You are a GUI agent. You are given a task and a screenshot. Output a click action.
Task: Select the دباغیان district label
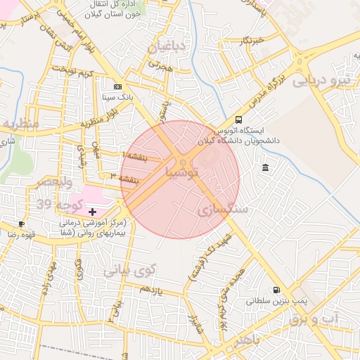168,48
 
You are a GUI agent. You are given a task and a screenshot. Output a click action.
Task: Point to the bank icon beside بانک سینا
117,86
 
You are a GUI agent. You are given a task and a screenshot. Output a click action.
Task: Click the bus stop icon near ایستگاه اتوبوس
239,120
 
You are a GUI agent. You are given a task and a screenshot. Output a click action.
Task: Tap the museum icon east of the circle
264,167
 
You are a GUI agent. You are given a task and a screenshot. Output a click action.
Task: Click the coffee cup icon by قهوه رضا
22,224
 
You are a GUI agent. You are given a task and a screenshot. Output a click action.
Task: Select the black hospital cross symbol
93,211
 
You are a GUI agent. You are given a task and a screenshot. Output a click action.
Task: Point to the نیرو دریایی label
321,80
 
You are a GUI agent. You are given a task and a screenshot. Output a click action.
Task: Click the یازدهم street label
150,290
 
